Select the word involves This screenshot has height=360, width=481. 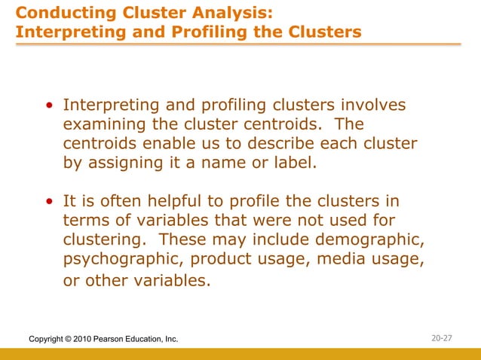(x=370, y=106)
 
